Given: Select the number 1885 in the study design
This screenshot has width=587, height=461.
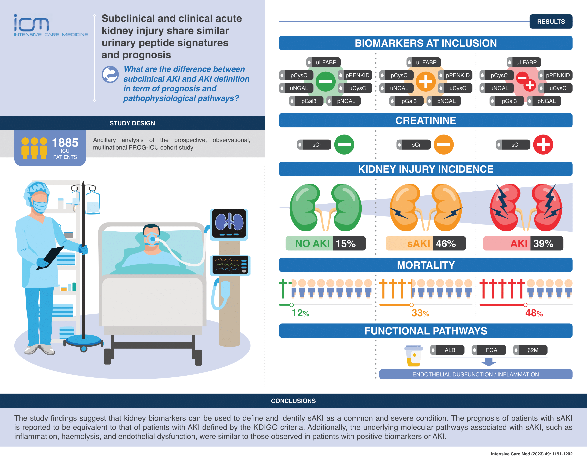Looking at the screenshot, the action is click(x=65, y=143).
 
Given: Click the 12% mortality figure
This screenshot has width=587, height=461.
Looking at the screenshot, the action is click(x=300, y=313).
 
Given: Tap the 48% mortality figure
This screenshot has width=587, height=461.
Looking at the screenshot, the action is click(x=534, y=313).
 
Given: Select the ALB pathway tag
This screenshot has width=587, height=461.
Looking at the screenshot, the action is click(x=447, y=350).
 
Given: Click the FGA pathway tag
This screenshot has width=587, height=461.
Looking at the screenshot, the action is click(x=489, y=350).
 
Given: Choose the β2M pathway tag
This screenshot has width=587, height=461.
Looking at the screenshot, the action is click(x=530, y=350).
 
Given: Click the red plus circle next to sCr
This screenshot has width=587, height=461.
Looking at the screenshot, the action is click(x=543, y=145).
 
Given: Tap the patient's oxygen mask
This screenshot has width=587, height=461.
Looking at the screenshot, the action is click(x=151, y=239).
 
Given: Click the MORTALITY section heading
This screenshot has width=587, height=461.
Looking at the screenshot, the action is click(x=426, y=265).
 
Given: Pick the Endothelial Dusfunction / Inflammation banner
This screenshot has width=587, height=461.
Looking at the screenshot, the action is click(x=476, y=374).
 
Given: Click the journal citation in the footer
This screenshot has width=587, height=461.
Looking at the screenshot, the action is click(x=531, y=454).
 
